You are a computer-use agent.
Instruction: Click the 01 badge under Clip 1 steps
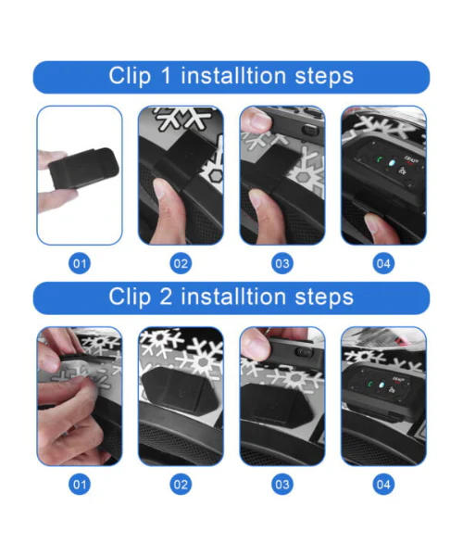coord(80,263)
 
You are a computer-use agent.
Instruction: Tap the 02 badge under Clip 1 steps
coord(181,263)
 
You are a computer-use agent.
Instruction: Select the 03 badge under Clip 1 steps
coord(282,263)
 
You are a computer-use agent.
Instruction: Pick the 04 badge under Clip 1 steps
coord(383,263)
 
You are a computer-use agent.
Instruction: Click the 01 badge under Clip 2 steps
coord(80,485)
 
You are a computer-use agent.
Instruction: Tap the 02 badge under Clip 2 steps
coord(181,485)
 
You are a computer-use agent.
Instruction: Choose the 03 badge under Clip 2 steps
coord(282,485)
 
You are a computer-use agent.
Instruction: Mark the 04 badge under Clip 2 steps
coord(383,485)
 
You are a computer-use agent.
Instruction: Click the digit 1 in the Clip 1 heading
coord(166,76)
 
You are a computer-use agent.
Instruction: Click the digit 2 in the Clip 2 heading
coord(166,297)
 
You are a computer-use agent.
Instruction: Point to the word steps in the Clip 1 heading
coord(324,77)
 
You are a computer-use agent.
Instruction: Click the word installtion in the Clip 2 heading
coord(233,297)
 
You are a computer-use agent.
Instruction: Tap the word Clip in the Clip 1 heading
coord(130,77)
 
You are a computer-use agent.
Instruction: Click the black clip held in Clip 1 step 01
coord(84,168)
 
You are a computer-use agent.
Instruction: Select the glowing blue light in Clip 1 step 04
coord(392,163)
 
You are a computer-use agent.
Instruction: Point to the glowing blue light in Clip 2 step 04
coord(382,385)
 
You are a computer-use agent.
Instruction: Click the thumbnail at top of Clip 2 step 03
coord(255,344)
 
